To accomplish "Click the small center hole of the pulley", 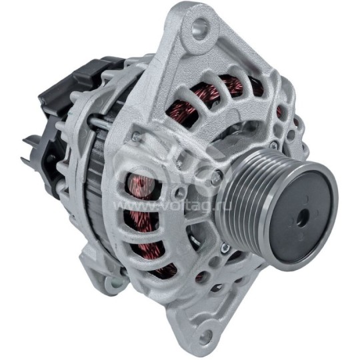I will coord(298,217).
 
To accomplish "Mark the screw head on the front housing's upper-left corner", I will coord(136,136).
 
